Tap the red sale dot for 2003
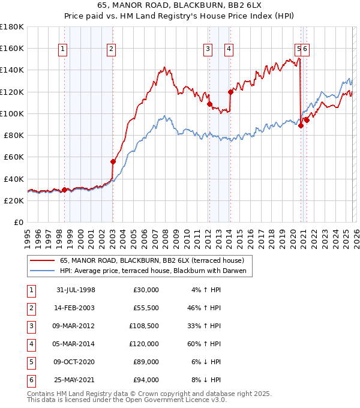pos(113,161)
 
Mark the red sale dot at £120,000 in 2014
pos(230,92)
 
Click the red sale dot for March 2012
pos(209,104)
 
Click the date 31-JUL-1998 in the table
pos(76,290)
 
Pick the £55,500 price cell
pos(144,308)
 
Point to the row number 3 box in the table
pos(30,327)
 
